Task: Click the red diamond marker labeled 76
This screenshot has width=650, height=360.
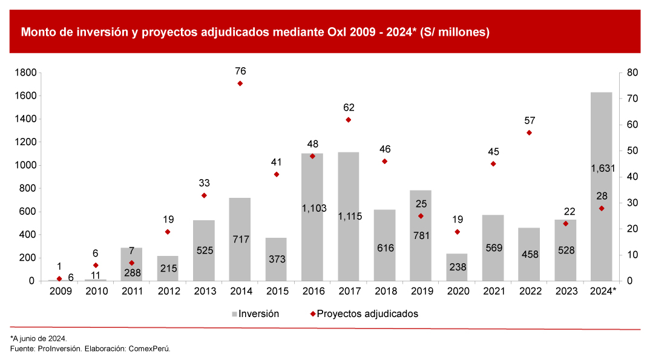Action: click(240, 83)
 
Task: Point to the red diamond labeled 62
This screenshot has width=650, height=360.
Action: click(348, 120)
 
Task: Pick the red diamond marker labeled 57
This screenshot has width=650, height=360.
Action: click(529, 133)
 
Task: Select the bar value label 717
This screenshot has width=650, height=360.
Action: click(240, 240)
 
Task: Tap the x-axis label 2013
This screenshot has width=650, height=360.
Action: click(204, 292)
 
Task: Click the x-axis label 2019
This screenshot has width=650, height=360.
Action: click(421, 292)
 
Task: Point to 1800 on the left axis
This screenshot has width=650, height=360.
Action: click(26, 73)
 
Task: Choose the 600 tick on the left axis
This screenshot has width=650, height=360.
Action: click(28, 212)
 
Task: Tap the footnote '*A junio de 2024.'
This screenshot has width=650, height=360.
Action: click(39, 338)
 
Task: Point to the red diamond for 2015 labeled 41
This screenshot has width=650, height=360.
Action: click(276, 174)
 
